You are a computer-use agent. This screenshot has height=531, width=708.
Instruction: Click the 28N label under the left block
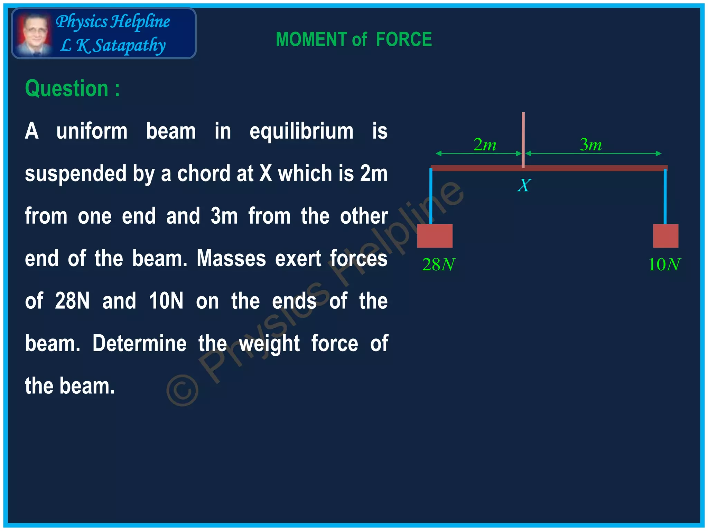pos(438,265)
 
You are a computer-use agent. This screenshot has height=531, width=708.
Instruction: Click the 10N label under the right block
pos(664,265)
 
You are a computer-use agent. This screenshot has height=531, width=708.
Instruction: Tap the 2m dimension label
pos(485,145)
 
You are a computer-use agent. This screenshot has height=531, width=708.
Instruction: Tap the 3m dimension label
pos(591,145)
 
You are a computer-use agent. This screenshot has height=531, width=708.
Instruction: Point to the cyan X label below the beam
pos(524,185)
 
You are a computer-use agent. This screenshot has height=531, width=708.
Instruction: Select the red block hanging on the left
pos(435,236)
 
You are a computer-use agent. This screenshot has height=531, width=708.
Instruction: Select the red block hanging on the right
pos(665,236)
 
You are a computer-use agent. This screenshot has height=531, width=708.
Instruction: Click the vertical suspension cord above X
pos(523,138)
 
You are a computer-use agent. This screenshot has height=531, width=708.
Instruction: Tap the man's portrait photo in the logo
pos(34,34)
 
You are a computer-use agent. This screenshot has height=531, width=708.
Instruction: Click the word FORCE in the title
pos(404,39)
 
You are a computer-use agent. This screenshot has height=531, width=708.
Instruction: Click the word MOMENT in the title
pos(311,39)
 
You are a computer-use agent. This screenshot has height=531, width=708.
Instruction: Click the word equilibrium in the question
pos(301,131)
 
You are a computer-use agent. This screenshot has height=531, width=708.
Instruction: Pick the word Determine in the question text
pos(139,343)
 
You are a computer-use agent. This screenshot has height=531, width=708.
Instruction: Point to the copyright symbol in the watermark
pos(183,390)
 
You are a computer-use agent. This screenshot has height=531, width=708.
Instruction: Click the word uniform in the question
pos(92,131)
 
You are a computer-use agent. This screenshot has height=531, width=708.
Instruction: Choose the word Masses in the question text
pos(231,258)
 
